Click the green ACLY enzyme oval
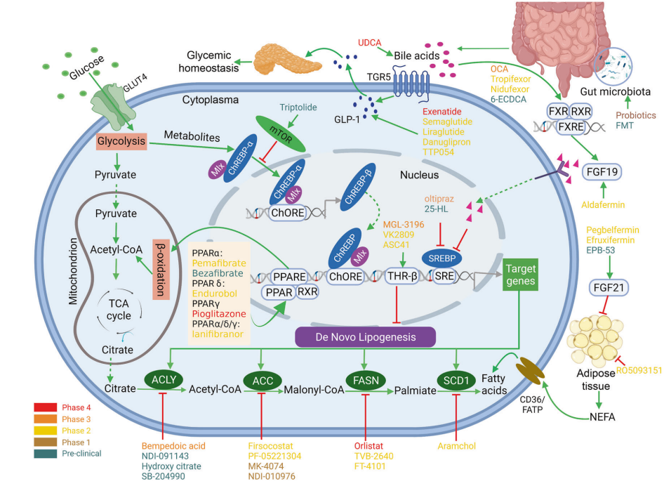(163, 380)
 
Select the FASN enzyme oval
(364, 380)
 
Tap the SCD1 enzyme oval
(456, 380)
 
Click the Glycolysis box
(120, 142)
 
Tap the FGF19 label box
(603, 170)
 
